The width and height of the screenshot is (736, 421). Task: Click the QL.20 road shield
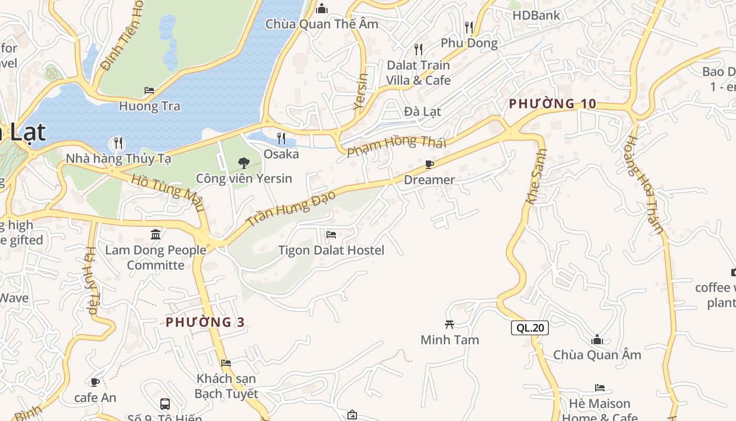pyautogui.click(x=530, y=328)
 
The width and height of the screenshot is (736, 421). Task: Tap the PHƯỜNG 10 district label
pyautogui.click(x=553, y=104)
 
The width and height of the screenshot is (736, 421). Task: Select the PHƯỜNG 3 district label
pyautogui.click(x=205, y=322)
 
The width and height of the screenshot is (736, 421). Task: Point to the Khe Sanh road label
pyautogui.click(x=537, y=176)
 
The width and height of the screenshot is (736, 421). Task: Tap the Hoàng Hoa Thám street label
pyautogui.click(x=645, y=185)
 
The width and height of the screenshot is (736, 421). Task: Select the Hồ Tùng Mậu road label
pyautogui.click(x=168, y=192)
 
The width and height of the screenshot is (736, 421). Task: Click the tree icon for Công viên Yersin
pyautogui.click(x=243, y=163)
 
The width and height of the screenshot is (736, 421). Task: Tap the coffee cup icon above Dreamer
pyautogui.click(x=429, y=164)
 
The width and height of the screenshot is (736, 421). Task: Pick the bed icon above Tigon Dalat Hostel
pyautogui.click(x=331, y=234)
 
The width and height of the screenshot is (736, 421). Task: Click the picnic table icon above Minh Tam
pyautogui.click(x=449, y=324)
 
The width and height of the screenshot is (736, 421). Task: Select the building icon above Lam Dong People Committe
pyautogui.click(x=156, y=234)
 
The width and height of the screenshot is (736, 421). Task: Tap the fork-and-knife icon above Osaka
pyautogui.click(x=281, y=138)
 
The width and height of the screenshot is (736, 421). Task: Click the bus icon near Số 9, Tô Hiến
pyautogui.click(x=165, y=404)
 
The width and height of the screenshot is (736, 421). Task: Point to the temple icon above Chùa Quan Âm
pyautogui.click(x=597, y=339)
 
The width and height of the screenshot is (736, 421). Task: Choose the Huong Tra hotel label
pyautogui.click(x=149, y=106)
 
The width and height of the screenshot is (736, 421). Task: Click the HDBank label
pyautogui.click(x=536, y=15)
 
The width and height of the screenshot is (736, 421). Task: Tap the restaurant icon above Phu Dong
pyautogui.click(x=469, y=27)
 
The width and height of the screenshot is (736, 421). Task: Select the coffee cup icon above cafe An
pyautogui.click(x=95, y=382)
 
